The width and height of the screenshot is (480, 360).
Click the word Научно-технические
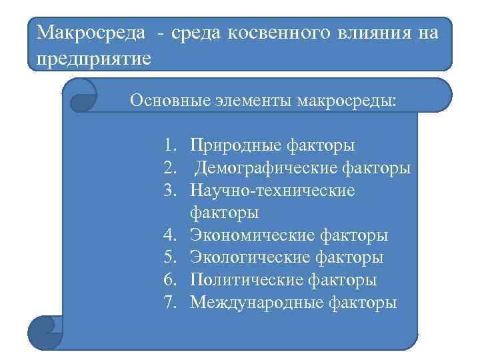coord(273,191)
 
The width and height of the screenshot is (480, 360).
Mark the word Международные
coord(257,303)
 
